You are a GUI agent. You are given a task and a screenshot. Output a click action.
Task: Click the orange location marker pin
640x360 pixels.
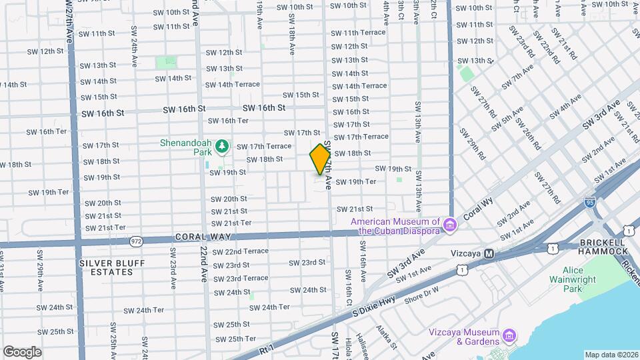[x=320, y=159]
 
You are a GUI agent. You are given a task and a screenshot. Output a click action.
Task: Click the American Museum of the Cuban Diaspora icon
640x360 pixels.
[x=450, y=226]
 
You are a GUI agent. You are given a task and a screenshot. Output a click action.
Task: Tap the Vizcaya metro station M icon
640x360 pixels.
[x=489, y=254]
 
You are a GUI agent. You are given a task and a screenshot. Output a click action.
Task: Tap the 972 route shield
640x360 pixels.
[x=136, y=240]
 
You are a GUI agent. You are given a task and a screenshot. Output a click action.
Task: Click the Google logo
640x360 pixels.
[x=23, y=351]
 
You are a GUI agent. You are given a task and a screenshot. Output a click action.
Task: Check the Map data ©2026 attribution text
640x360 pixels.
[x=611, y=355]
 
